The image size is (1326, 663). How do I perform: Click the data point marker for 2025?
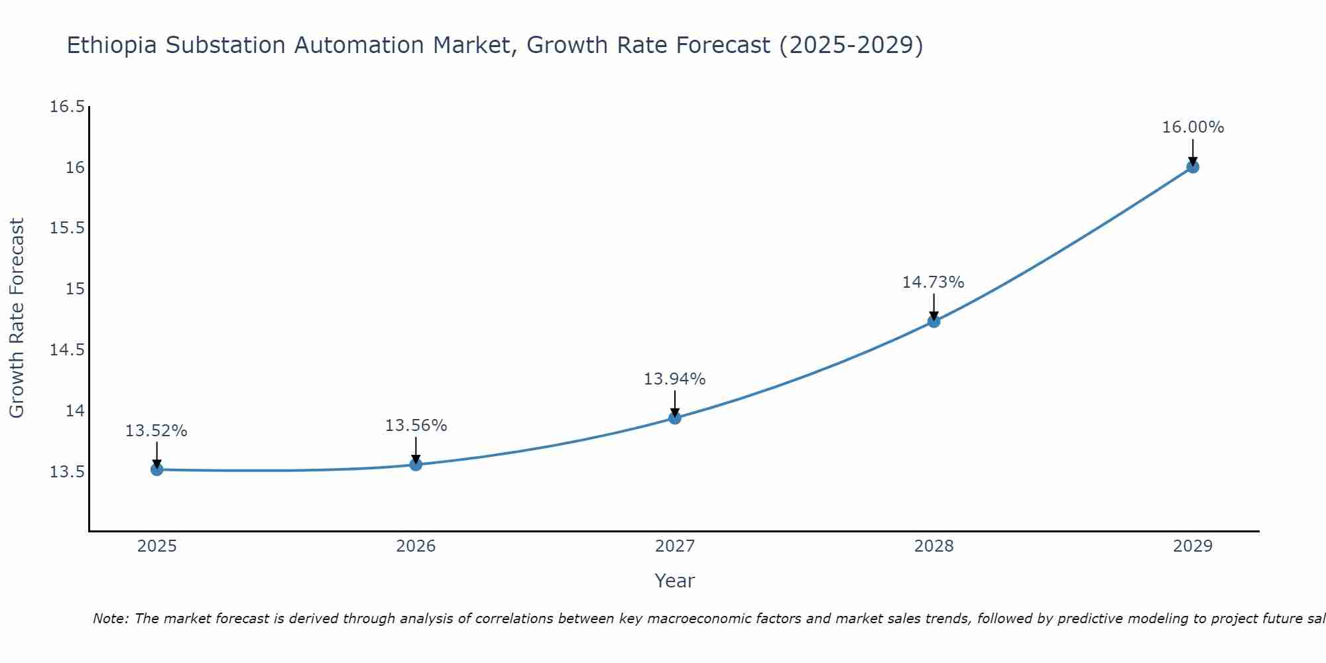(156, 469)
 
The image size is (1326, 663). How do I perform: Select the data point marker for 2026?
(416, 464)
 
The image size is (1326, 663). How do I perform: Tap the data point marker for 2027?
(674, 418)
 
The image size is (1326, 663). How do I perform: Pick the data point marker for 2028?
(934, 322)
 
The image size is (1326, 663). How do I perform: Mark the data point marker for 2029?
(1192, 167)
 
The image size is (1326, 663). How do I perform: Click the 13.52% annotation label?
(156, 431)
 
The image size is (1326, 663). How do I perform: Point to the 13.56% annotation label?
(416, 426)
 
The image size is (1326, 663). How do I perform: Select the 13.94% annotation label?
(674, 379)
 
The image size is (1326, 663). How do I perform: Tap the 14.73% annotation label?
(933, 282)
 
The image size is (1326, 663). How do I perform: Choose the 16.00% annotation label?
(1192, 127)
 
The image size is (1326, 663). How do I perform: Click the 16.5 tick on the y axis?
(68, 107)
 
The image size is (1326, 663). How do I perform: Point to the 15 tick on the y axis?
(76, 289)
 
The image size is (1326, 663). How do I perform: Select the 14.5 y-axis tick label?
(68, 350)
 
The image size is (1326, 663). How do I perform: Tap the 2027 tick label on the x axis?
(674, 546)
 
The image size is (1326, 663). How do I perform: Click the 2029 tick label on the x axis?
(1192, 546)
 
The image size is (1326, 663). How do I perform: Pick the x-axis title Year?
(674, 581)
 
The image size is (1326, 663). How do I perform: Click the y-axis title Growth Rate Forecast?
(17, 318)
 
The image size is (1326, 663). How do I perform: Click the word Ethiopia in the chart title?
(112, 46)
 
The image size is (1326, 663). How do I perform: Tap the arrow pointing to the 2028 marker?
(934, 307)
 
